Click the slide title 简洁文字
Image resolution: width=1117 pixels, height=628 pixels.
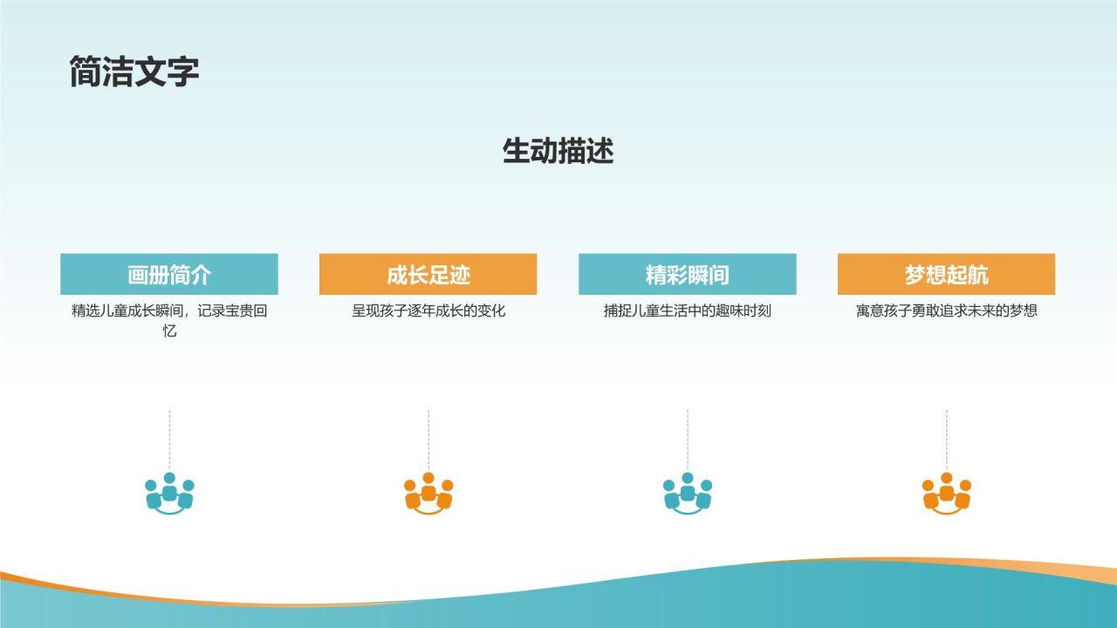(x=134, y=72)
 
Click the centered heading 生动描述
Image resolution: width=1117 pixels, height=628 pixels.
(x=558, y=151)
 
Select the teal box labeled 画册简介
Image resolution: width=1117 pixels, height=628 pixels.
(x=169, y=275)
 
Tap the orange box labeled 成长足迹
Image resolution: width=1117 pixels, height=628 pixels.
(x=428, y=275)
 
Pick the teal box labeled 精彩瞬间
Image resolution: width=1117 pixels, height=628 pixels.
(x=687, y=275)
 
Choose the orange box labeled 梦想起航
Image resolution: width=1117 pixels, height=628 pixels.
(x=946, y=275)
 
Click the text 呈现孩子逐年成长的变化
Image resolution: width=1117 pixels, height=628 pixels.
(x=428, y=311)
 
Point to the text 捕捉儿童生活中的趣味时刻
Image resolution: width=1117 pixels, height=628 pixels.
(x=687, y=311)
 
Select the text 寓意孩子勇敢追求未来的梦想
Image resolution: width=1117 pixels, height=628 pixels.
(x=946, y=311)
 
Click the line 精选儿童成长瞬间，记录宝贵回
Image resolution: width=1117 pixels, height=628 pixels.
(x=169, y=311)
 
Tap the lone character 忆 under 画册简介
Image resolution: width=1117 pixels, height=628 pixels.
(x=169, y=331)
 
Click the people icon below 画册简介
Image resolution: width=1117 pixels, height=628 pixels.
(x=169, y=494)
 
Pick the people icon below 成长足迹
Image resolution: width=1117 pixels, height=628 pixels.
(x=428, y=494)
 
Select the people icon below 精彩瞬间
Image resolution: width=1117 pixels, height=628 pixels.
(x=687, y=494)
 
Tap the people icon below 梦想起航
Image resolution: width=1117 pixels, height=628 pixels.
(x=946, y=494)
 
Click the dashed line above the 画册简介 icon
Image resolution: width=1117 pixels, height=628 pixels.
(x=169, y=440)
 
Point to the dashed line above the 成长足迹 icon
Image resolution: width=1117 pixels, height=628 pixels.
(x=428, y=440)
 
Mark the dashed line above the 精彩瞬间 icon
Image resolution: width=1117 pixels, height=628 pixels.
(x=688, y=440)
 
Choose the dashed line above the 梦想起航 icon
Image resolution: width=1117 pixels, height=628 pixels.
(x=946, y=440)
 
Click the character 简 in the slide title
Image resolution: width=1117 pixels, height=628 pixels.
(x=86, y=72)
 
